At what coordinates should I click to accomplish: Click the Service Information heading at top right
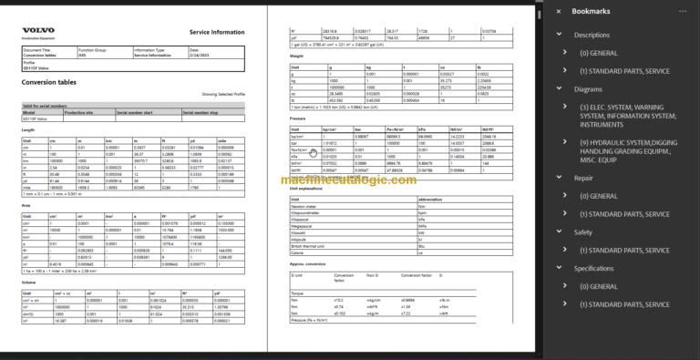(215, 32)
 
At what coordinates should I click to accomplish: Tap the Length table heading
(29, 129)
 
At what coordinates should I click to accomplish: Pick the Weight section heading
(298, 55)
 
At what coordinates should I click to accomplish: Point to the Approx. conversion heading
(307, 263)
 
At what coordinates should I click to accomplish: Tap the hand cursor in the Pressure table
(313, 153)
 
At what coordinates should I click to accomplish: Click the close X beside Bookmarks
(559, 12)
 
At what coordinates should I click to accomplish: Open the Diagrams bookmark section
(590, 89)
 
